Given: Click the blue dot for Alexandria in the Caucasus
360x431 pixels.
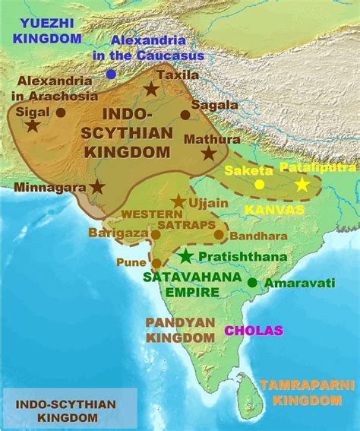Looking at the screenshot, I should pos(112,74).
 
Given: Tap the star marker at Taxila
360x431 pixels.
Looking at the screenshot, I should pos(152,90).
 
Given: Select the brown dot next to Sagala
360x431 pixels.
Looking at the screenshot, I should pos(185,115).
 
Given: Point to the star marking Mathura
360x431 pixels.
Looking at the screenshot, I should pos(208,153).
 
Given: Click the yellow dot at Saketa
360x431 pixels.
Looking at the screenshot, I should pos(259,184).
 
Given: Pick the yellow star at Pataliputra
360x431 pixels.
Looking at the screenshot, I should pos(302,184).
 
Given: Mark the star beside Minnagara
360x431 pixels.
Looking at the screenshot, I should pos(97,185).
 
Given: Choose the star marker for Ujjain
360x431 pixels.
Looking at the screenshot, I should pos(178,201).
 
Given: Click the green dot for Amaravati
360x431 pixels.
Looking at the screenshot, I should pos(251,283).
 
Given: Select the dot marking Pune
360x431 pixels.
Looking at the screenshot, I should pos(156,263).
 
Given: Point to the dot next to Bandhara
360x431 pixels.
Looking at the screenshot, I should pos(219,234).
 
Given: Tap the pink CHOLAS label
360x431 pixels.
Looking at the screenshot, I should pos(254,331).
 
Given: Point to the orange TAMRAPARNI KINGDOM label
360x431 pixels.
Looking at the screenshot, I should pos(307,391).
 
